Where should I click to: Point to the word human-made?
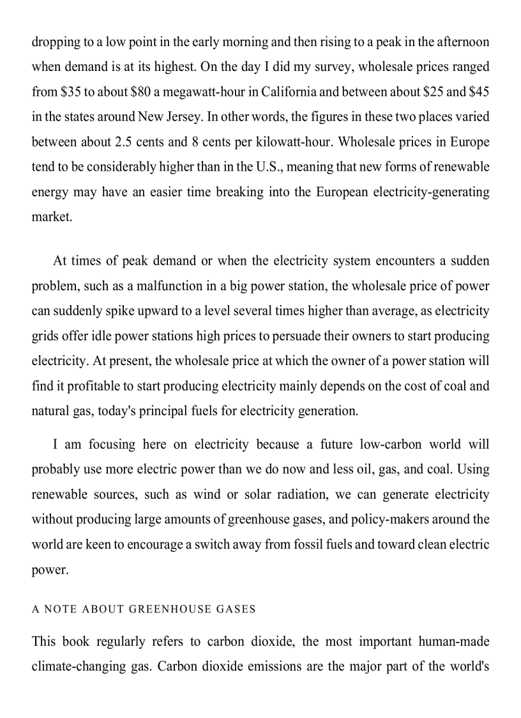pos(453,641)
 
